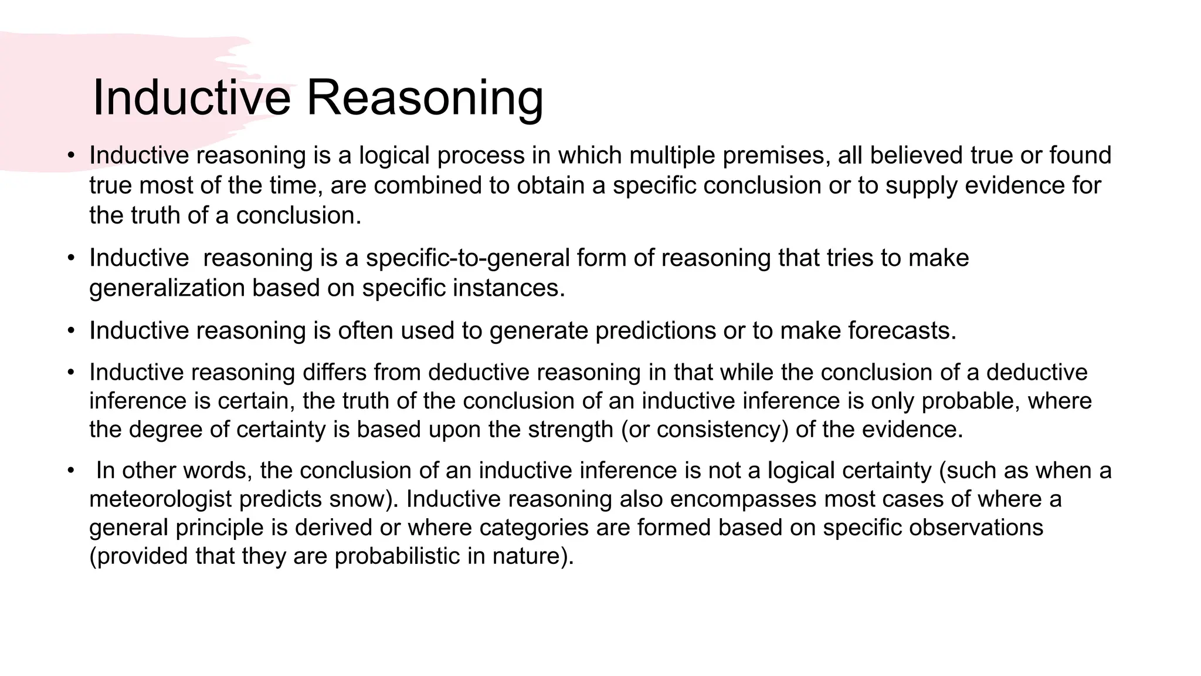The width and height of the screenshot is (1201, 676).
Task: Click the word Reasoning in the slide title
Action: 425,99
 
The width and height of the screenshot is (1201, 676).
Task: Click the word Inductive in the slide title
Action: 191,97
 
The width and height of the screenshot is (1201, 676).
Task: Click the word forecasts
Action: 901,331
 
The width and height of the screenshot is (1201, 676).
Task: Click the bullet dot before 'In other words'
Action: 71,471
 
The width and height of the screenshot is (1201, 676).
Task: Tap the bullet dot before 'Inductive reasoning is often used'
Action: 71,332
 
